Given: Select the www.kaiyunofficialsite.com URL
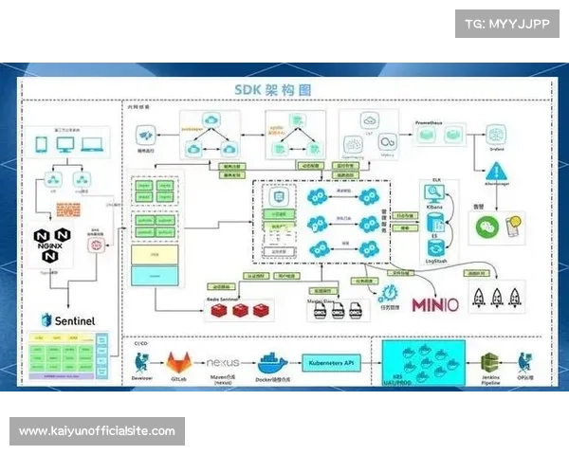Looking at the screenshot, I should tap(98, 431).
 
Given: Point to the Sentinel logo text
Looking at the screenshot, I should tap(68, 319).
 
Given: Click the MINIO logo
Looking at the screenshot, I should tap(435, 304).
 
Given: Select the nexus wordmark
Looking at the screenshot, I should tap(224, 363).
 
